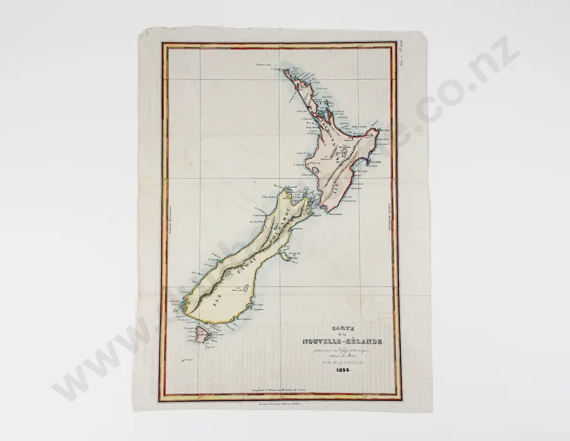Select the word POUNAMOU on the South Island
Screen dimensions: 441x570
point(290,226)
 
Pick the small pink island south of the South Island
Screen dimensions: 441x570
point(199,335)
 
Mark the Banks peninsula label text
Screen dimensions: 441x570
point(294,256)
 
